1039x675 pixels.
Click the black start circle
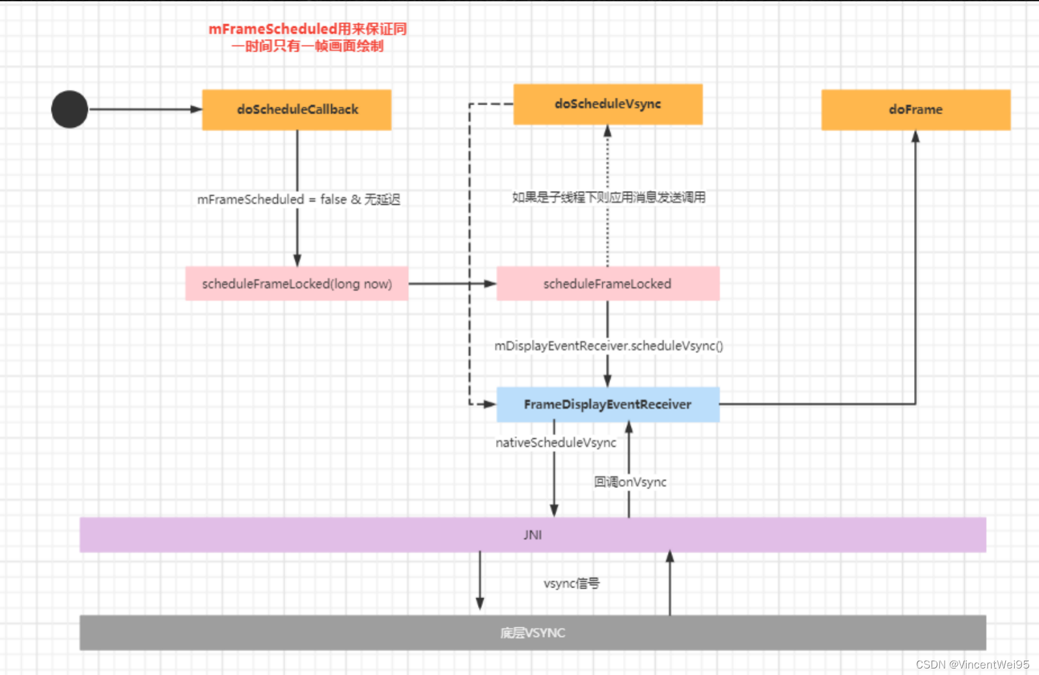coord(70,109)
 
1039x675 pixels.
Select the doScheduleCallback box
coord(297,110)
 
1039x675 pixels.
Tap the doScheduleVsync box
coord(607,104)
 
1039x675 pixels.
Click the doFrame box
coord(915,110)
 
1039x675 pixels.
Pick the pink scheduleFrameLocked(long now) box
coord(297,284)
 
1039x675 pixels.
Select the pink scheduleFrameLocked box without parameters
coord(607,284)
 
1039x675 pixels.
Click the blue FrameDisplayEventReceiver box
coord(607,405)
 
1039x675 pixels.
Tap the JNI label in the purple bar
coord(533,535)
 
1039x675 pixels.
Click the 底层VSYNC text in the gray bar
coord(533,633)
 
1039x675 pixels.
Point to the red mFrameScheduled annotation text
coord(307,37)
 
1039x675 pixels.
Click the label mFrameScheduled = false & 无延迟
coord(299,199)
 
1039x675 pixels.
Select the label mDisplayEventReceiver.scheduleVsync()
coord(609,346)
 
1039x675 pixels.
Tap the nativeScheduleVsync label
coord(555,443)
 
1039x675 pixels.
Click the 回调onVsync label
coord(630,482)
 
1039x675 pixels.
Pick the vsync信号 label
coord(572,584)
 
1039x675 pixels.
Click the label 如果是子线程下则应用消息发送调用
coord(609,197)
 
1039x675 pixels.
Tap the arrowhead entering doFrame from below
coord(915,137)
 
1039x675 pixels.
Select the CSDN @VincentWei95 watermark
coord(972,665)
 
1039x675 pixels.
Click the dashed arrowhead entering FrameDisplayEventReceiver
coord(490,405)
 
